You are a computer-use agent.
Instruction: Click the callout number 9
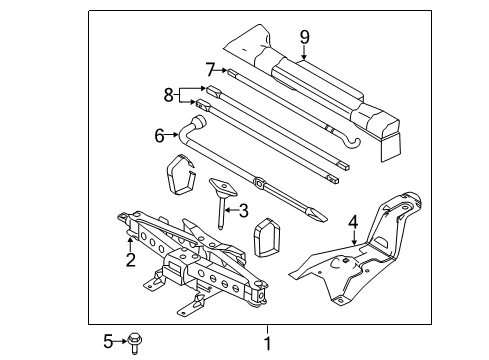(x=304, y=37)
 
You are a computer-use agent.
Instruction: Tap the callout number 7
(x=209, y=70)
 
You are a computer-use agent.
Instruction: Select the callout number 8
(x=168, y=95)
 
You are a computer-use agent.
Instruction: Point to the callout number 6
(x=159, y=136)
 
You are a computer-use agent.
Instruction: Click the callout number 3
(x=244, y=211)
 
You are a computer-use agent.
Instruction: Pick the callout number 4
(x=353, y=222)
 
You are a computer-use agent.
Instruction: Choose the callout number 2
(x=130, y=260)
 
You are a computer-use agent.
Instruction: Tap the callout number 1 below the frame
(x=267, y=343)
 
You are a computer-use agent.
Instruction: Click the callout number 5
(x=108, y=342)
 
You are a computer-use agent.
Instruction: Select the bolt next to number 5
(x=135, y=342)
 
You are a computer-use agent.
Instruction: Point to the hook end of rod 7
(x=354, y=143)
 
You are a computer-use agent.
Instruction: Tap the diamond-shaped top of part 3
(x=223, y=187)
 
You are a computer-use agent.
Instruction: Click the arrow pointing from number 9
(x=304, y=52)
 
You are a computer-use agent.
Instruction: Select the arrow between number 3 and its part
(x=231, y=210)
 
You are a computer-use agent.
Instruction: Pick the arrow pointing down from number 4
(x=354, y=238)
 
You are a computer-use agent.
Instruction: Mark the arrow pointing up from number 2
(x=130, y=244)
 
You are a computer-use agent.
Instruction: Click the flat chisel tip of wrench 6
(x=317, y=215)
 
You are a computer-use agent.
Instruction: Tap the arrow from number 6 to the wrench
(x=172, y=135)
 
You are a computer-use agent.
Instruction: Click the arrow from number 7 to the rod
(x=221, y=70)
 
